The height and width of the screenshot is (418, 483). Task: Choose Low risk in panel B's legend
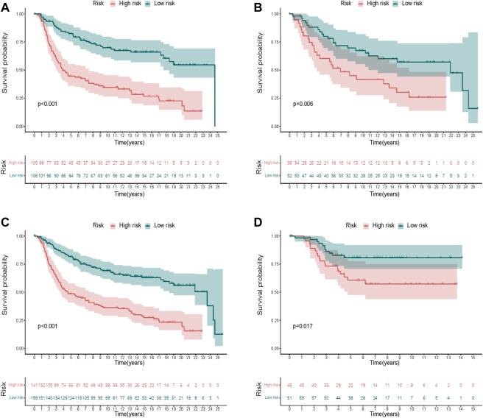point(404,4)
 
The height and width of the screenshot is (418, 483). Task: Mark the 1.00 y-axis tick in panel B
point(278,14)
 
